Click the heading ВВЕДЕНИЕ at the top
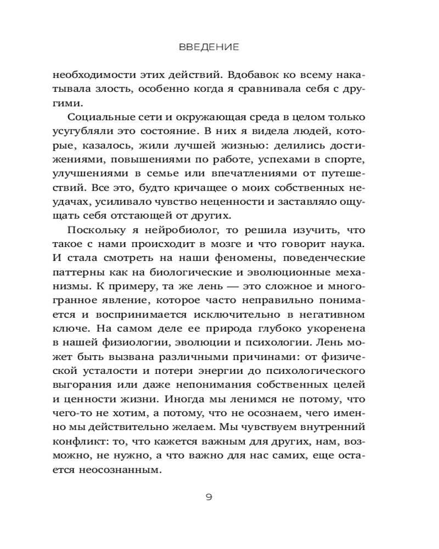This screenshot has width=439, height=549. point(209,48)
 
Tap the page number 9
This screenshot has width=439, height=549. point(209,497)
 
